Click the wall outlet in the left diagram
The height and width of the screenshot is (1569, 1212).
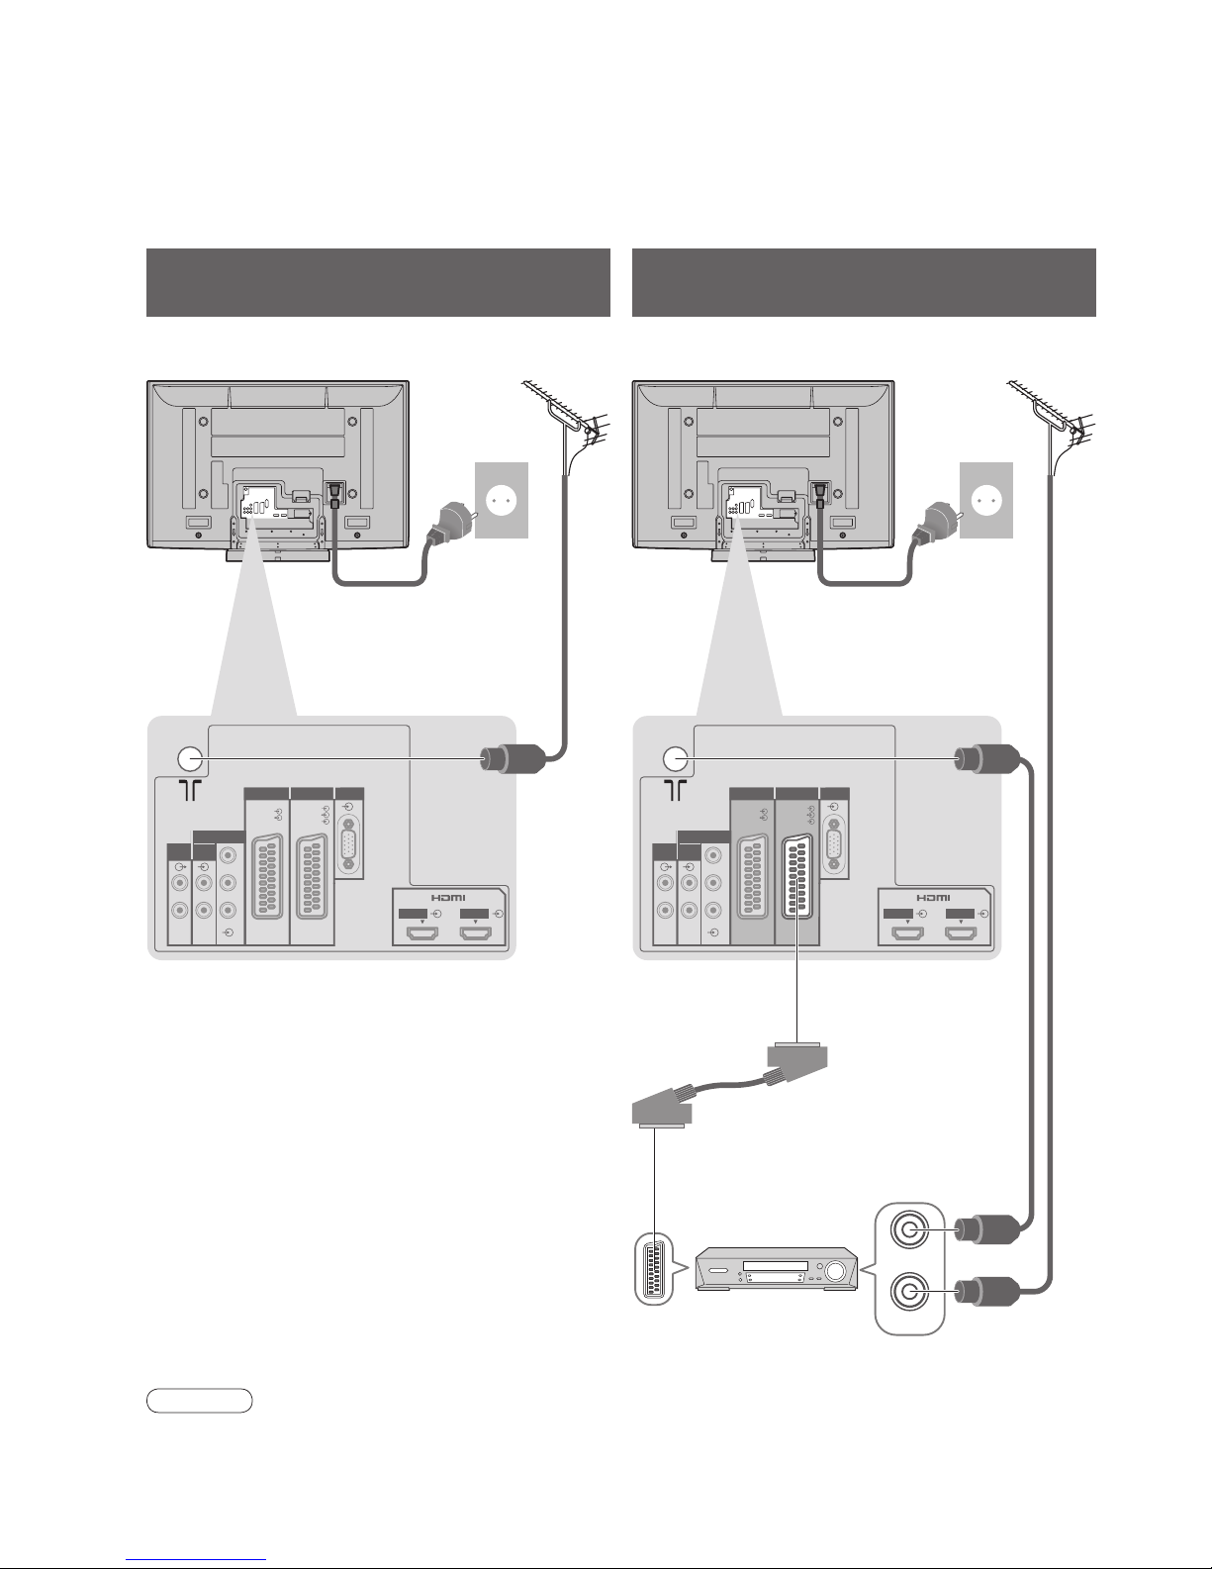[502, 500]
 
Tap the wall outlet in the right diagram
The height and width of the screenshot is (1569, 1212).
[986, 500]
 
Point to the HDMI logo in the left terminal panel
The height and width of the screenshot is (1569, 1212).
[449, 898]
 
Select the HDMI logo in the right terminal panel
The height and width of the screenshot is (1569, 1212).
[934, 898]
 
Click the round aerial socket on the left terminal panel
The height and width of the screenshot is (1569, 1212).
[189, 758]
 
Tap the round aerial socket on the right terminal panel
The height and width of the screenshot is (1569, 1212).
[675, 758]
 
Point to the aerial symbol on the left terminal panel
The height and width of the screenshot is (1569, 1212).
[190, 790]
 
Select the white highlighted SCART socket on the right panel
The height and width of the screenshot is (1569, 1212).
[797, 876]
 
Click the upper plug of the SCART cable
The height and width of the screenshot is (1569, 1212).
[795, 1062]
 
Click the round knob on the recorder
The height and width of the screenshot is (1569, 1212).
[835, 1271]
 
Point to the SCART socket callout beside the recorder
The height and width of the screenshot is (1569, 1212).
[654, 1269]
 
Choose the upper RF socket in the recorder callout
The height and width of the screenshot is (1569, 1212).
[909, 1228]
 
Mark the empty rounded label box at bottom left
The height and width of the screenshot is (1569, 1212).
[200, 1400]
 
